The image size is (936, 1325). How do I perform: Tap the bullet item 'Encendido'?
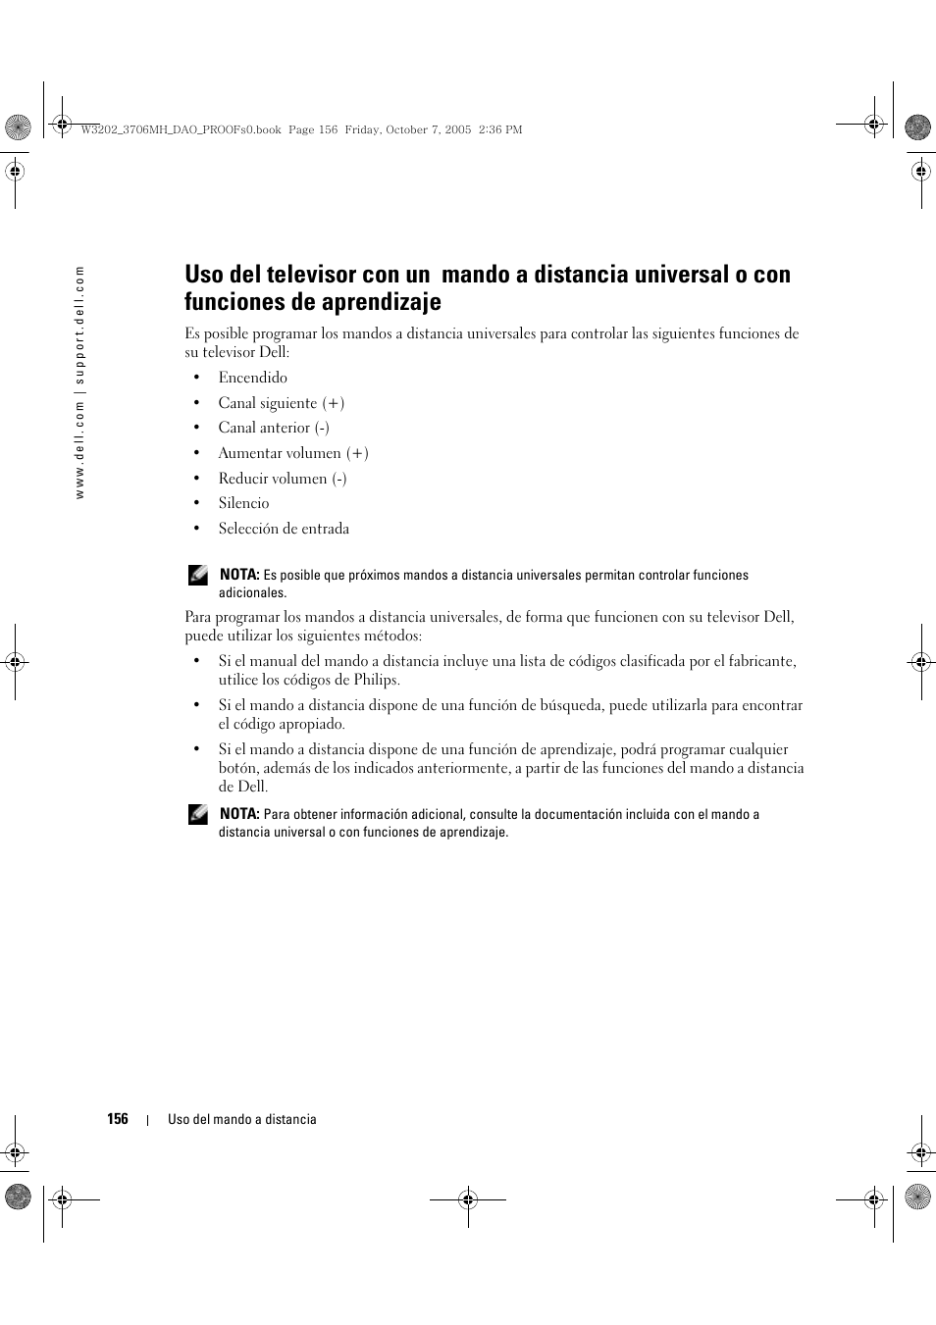[252, 378]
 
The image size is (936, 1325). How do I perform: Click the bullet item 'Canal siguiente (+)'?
[281, 403]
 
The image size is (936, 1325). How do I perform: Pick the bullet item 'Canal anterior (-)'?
[274, 428]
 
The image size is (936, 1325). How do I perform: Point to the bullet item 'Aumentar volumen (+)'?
[293, 453]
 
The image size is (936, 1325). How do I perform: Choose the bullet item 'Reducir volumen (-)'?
[283, 479]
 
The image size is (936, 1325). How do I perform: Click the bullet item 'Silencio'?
[243, 503]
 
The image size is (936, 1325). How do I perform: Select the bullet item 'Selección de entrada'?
[284, 529]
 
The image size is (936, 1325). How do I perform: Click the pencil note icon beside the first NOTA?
[198, 576]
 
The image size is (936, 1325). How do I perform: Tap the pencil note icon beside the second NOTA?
[198, 814]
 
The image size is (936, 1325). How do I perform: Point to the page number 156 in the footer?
[118, 1119]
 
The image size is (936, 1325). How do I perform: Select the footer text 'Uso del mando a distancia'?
[241, 1119]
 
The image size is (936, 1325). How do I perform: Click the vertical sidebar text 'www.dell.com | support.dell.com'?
[81, 382]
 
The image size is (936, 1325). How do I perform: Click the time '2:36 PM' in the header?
[500, 129]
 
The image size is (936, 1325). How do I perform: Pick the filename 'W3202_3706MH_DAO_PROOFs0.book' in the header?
[182, 129]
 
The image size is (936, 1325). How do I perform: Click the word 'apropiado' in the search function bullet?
[311, 724]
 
